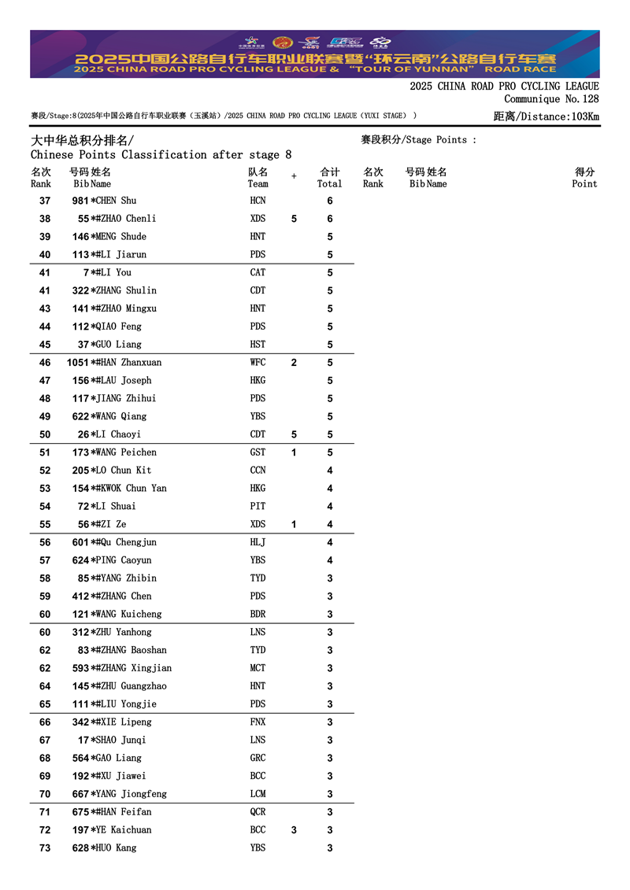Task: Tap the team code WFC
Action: [258, 363]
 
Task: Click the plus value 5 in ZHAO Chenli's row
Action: [294, 219]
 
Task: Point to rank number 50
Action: [45, 434]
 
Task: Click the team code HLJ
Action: [258, 542]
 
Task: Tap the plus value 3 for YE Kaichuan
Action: [294, 830]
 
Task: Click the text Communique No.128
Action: [551, 99]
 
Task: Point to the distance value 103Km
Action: [582, 116]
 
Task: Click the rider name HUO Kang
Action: [117, 848]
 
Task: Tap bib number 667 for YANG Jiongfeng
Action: [80, 794]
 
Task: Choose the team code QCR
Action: [258, 812]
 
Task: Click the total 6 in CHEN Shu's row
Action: [330, 201]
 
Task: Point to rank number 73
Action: [45, 848]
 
